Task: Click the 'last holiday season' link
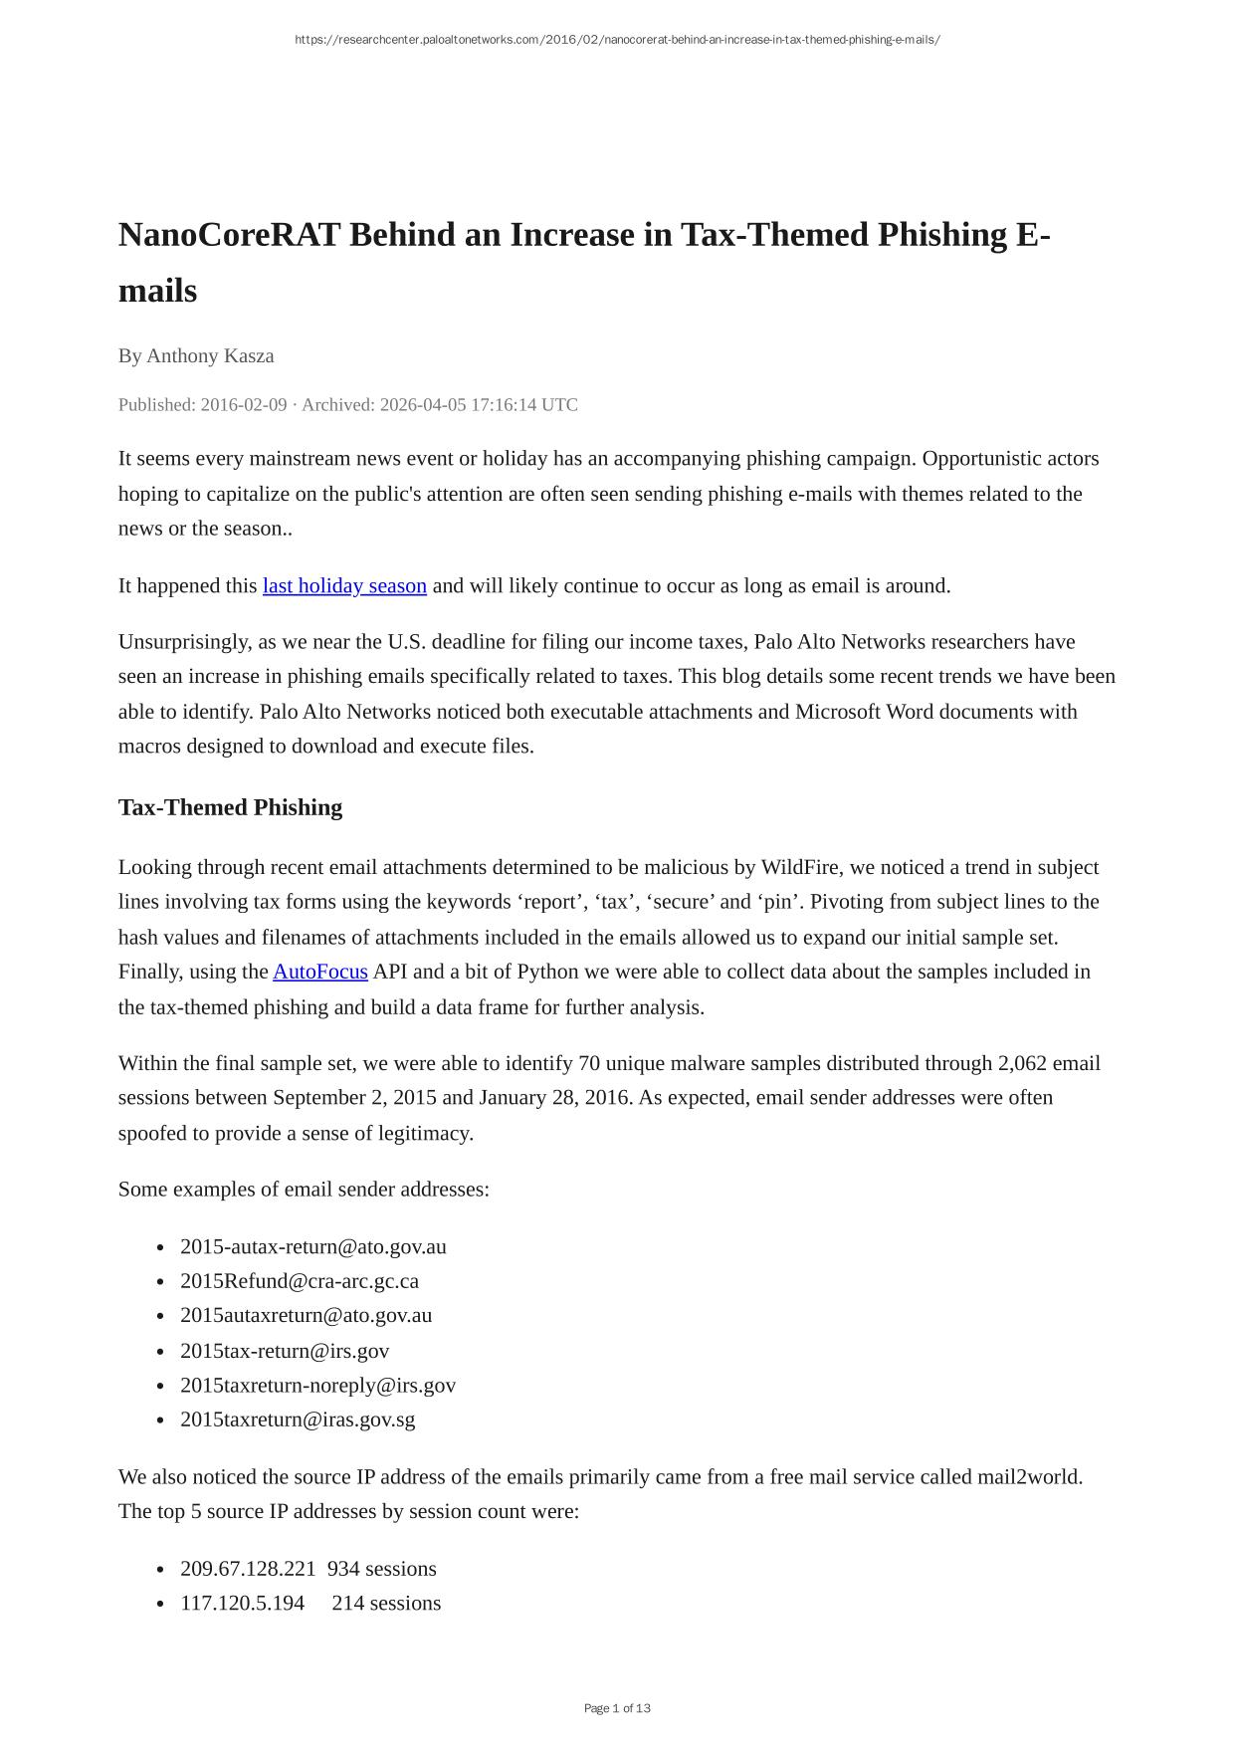(344, 586)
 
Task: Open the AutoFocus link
(320, 972)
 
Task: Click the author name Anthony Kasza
(210, 356)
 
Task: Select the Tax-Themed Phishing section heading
(230, 807)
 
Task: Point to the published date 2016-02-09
(244, 405)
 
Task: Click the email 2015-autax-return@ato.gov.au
(313, 1247)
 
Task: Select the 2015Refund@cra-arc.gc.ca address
(300, 1281)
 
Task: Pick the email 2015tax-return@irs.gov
(285, 1351)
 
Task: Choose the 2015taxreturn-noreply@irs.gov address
(317, 1386)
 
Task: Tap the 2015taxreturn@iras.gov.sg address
(298, 1420)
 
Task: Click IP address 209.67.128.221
(248, 1569)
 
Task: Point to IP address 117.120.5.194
(243, 1604)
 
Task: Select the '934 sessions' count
(382, 1569)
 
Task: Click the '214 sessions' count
(386, 1604)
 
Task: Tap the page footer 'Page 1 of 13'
(617, 1709)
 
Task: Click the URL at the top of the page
(617, 40)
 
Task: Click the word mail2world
(1029, 1477)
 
